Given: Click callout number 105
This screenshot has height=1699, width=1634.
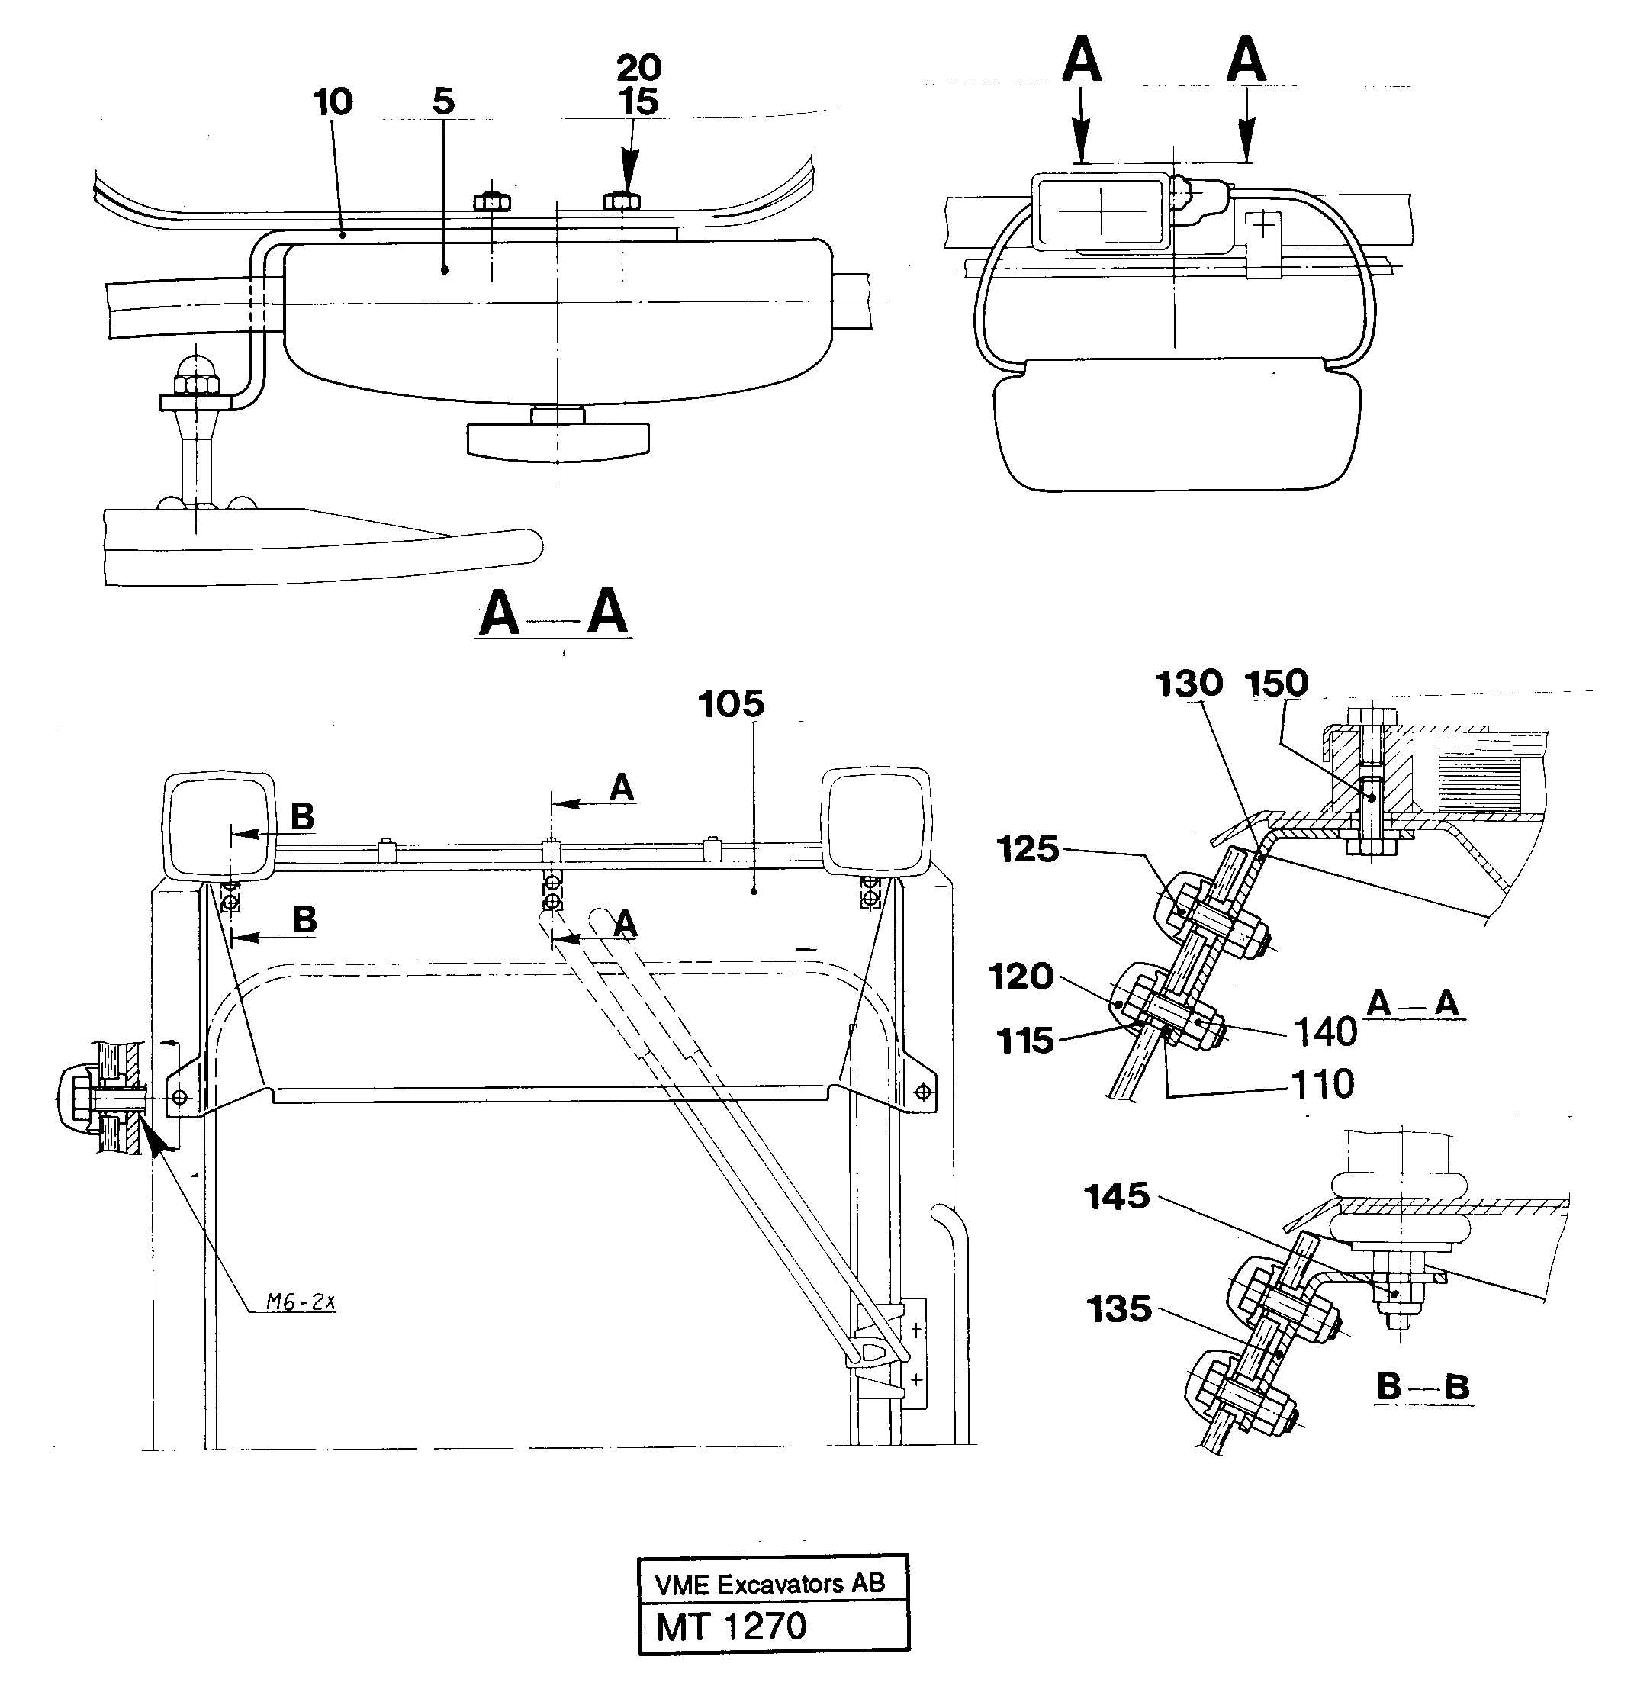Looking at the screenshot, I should click(x=731, y=704).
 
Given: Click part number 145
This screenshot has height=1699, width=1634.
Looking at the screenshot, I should click(x=1117, y=1197).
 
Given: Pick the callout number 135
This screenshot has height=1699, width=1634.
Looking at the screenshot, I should click(x=1118, y=1309).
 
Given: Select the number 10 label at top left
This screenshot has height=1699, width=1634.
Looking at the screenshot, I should click(x=333, y=102).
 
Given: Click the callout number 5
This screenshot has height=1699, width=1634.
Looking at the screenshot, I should click(x=443, y=102).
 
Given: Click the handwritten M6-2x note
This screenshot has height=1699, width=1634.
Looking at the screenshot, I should click(x=300, y=1302).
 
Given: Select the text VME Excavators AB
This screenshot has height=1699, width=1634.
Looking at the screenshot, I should click(x=770, y=1585).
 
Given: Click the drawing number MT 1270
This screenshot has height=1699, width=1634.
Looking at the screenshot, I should click(x=731, y=1627).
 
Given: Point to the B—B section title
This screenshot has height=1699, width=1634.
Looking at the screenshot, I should click(x=1422, y=1387).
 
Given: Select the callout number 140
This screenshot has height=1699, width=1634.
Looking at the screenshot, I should click(x=1324, y=1032).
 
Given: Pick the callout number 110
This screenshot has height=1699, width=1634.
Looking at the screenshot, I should click(x=1322, y=1084).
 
